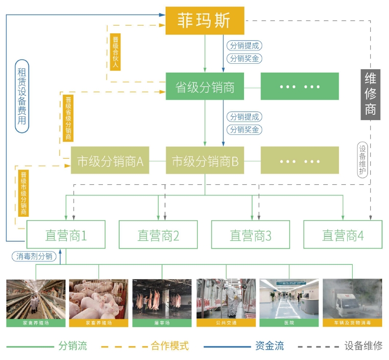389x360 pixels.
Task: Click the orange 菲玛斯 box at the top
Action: pos(204,21)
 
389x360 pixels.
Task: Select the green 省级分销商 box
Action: pos(204,86)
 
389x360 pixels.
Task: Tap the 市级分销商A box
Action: pos(110,160)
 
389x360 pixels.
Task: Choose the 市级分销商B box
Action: pos(205,160)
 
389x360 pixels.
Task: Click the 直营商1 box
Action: pos(66,234)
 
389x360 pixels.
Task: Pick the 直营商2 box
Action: pos(158,234)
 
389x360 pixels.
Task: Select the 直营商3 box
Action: pos(250,234)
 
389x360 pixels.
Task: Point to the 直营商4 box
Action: pos(342,234)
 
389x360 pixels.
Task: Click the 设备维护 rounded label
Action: pos(363,159)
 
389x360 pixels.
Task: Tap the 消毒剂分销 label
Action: pos(34,256)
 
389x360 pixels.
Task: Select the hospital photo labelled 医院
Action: pos(289,299)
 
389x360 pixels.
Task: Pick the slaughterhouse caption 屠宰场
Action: pos(162,323)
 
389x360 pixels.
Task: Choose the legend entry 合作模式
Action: pos(170,346)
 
